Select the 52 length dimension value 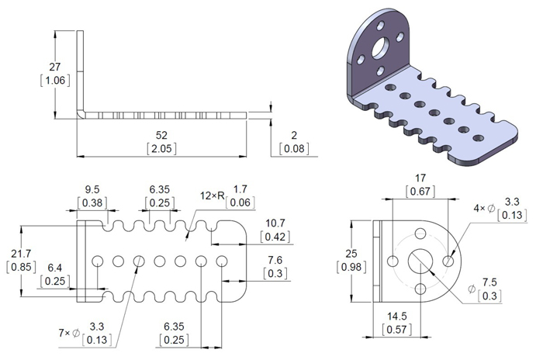click(x=162, y=136)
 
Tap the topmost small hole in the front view click(x=420, y=233)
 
